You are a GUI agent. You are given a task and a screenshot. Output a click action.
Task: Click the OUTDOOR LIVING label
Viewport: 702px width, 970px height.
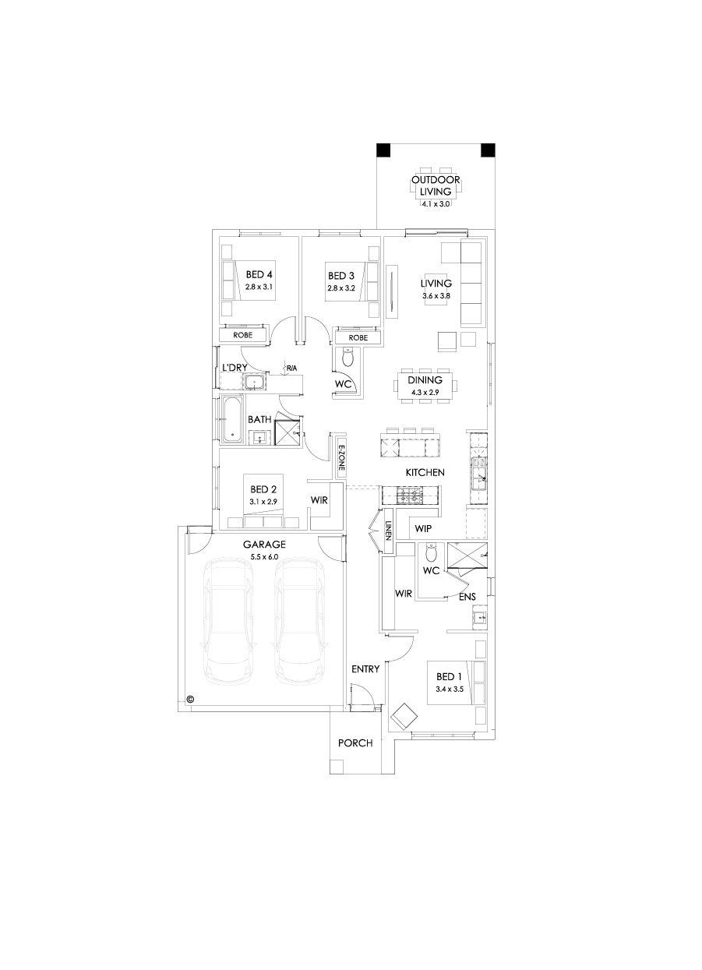[x=436, y=185]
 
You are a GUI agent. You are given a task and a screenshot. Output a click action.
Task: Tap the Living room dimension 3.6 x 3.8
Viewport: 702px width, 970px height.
[x=436, y=296]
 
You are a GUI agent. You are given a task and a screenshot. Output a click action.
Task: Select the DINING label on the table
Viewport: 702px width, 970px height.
[x=425, y=380]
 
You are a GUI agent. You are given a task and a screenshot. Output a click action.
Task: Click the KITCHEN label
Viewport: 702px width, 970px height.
[x=425, y=473]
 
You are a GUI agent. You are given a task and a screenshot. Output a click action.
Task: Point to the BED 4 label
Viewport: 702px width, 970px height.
[x=259, y=275]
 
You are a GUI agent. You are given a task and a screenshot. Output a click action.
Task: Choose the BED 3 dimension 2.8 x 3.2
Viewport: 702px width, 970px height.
[x=340, y=288]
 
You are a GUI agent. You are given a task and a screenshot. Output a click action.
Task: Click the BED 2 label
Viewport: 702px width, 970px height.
[x=263, y=489]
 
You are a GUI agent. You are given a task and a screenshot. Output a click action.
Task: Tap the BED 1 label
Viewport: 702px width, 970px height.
[x=450, y=676]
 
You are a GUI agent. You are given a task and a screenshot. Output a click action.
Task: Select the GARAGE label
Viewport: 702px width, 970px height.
[x=264, y=545]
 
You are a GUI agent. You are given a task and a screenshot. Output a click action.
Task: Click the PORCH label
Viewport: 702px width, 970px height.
[x=355, y=743]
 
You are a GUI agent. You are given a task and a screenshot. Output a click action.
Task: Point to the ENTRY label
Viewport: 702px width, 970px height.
[x=365, y=669]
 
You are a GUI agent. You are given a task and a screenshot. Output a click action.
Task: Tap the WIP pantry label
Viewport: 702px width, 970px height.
[x=423, y=529]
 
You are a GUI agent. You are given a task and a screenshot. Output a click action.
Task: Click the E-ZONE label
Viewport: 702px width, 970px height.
[x=341, y=460]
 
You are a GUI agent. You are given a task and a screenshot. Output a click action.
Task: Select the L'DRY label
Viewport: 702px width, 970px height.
[x=234, y=368]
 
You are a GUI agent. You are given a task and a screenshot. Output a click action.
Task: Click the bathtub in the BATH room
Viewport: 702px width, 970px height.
[x=233, y=418]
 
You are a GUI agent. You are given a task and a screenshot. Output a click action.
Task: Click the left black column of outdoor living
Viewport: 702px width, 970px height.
[x=384, y=151]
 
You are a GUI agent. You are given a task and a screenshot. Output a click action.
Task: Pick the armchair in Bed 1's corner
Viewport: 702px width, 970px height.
[x=406, y=715]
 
